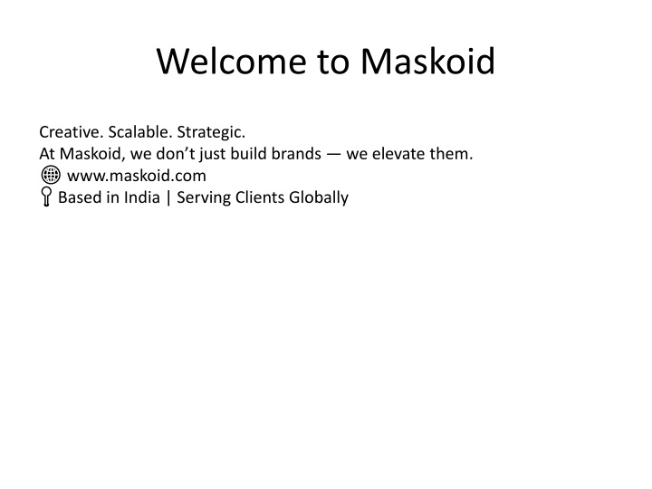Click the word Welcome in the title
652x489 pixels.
coord(232,62)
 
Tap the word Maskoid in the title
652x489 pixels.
coord(427,61)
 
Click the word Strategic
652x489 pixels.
coord(211,133)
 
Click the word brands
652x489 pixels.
coord(296,153)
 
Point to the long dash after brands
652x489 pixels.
coord(333,155)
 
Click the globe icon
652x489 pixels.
coord(51,175)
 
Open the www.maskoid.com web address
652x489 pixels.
coord(137,176)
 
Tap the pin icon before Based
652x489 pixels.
coord(46,197)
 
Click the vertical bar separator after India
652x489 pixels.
coord(168,197)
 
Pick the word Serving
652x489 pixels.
coord(204,198)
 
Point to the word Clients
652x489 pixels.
coord(260,197)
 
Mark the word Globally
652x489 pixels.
coord(319,198)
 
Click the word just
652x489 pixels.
coord(213,155)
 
